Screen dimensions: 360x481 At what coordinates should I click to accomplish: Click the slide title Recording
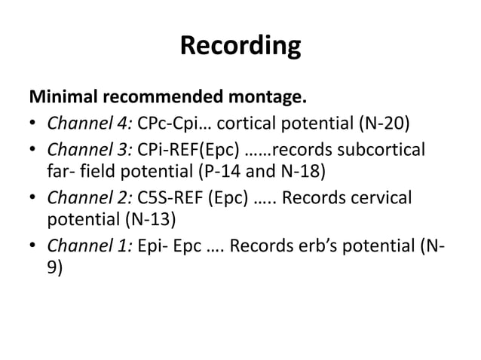coord(240,46)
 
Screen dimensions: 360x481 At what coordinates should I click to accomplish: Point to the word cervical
coord(382,197)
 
